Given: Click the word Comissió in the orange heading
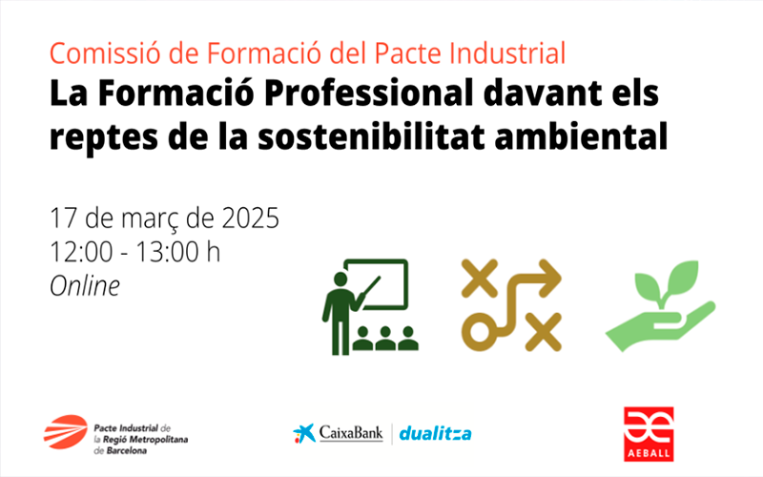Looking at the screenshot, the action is pyautogui.click(x=104, y=53).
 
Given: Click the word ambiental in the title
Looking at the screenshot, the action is pyautogui.click(x=581, y=136).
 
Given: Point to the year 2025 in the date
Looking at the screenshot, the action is pyautogui.click(x=251, y=218).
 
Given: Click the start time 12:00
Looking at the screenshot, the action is pyautogui.click(x=81, y=252).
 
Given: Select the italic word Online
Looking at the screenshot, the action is pyautogui.click(x=85, y=285).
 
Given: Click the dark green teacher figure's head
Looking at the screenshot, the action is pyautogui.click(x=340, y=280).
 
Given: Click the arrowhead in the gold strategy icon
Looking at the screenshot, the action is pyautogui.click(x=551, y=279).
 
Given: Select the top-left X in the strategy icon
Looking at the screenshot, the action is pyautogui.click(x=480, y=278).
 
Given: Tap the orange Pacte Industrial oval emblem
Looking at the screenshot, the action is pyautogui.click(x=65, y=432).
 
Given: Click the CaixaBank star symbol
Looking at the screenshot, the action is pyautogui.click(x=303, y=433).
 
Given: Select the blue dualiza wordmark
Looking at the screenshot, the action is pyautogui.click(x=435, y=433).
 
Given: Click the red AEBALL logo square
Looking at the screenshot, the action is pyautogui.click(x=649, y=434).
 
